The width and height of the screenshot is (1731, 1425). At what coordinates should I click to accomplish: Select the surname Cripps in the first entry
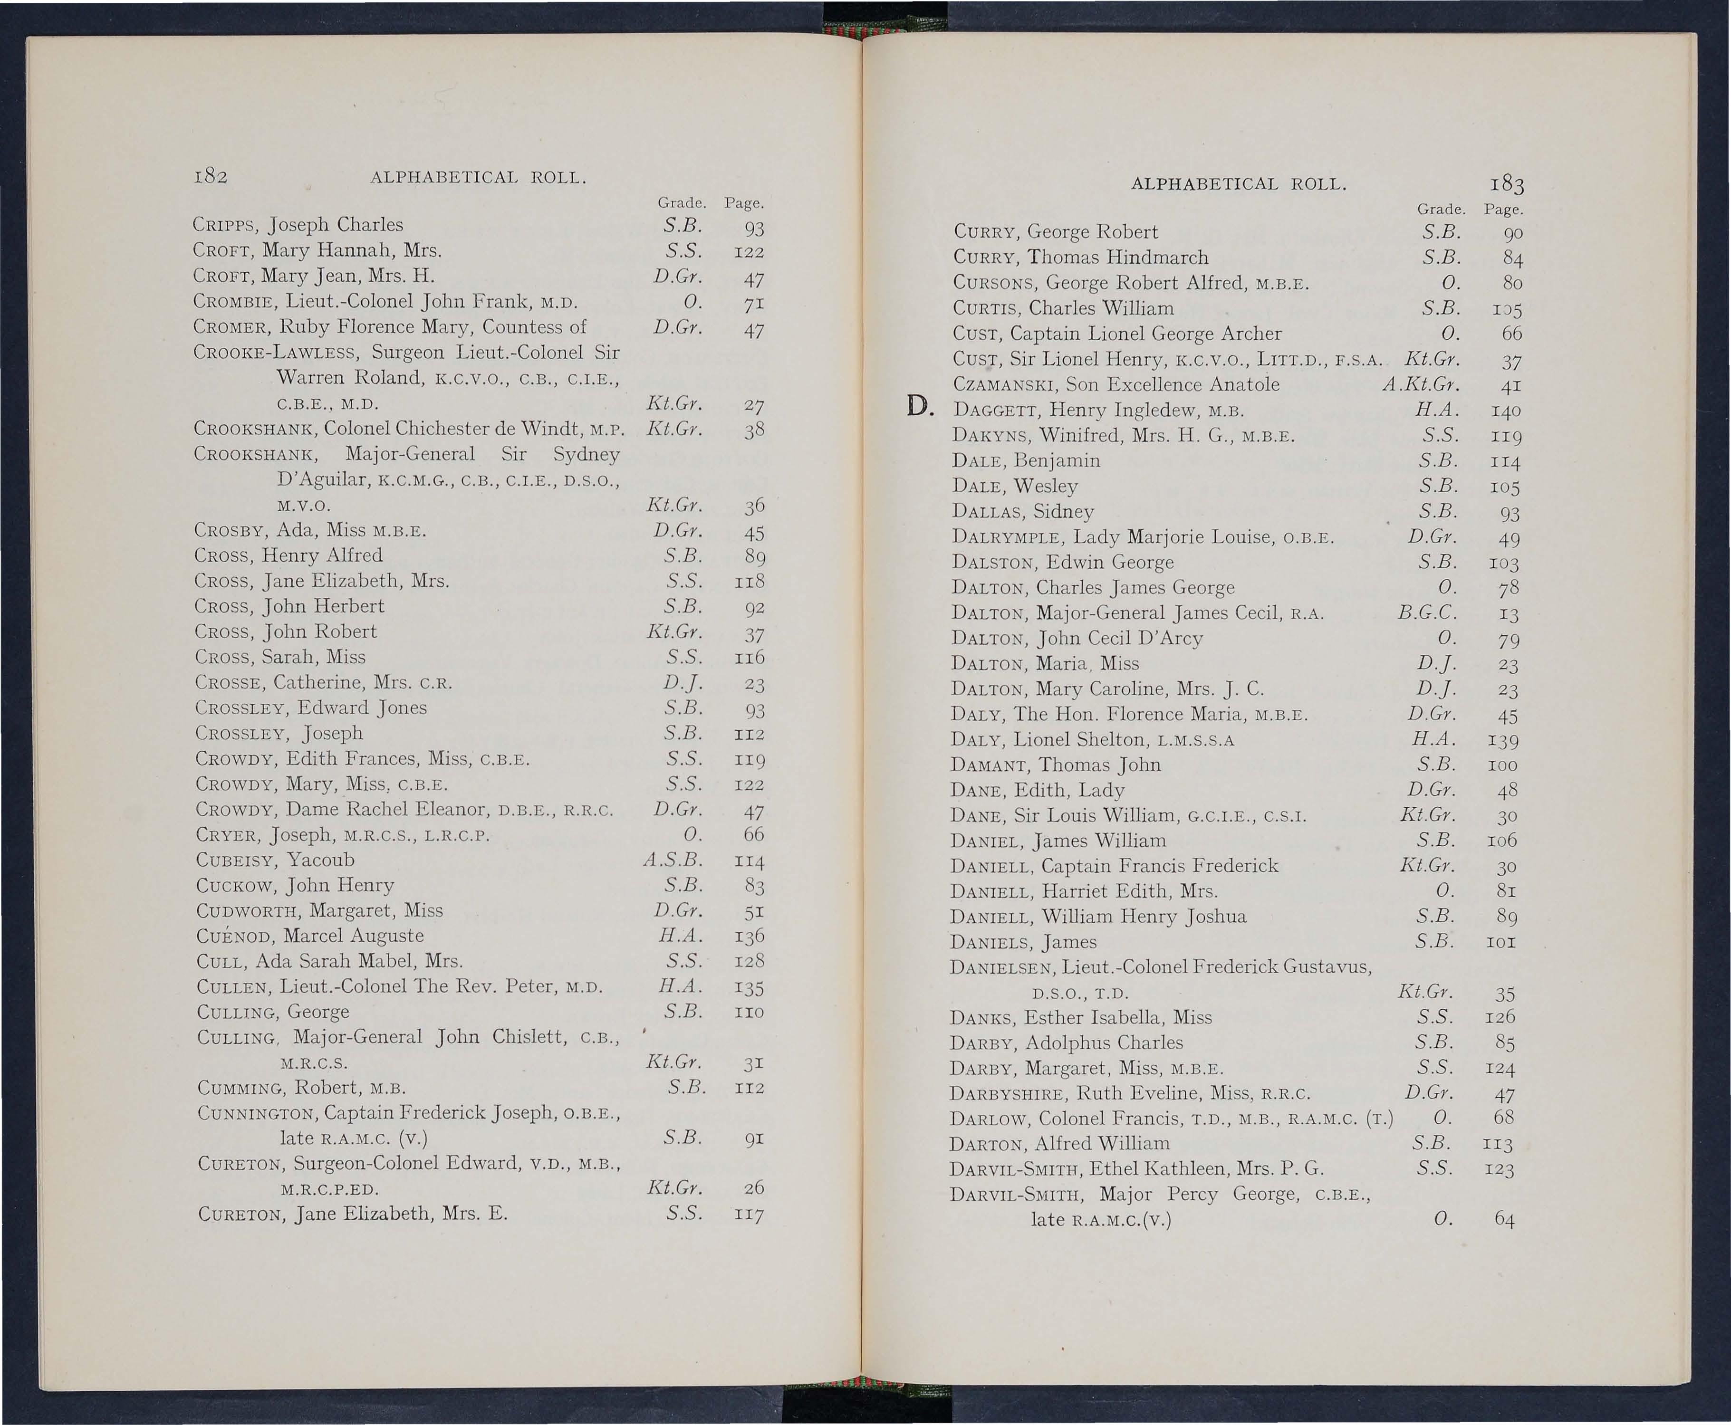[217, 225]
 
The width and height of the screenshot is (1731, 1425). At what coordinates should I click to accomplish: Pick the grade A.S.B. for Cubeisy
[673, 860]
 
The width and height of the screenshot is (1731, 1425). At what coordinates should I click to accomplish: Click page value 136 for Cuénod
[750, 936]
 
